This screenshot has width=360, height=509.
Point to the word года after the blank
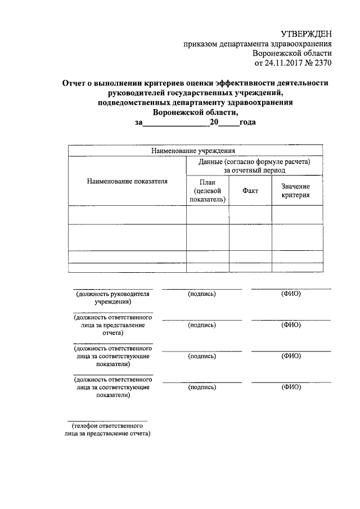(x=248, y=122)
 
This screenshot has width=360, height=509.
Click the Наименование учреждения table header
(x=196, y=151)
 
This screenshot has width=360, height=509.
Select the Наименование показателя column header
(x=127, y=181)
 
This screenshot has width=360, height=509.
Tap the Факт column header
(x=250, y=191)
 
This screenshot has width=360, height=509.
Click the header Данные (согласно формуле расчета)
(x=254, y=161)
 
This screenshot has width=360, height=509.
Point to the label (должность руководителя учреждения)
(x=112, y=298)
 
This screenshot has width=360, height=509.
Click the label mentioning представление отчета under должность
(x=112, y=325)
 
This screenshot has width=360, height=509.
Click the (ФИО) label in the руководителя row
(x=291, y=294)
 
